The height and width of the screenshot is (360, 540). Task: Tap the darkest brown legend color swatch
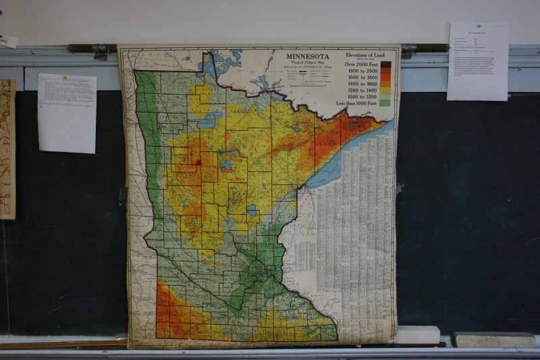point(385,65)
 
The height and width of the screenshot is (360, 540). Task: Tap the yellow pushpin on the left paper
point(65,77)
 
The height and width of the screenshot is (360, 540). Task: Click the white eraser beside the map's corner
point(418,335)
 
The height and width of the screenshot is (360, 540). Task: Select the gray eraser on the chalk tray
point(493,339)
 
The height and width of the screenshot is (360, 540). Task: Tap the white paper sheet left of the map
point(67,113)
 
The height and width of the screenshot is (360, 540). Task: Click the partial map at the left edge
point(7,149)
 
